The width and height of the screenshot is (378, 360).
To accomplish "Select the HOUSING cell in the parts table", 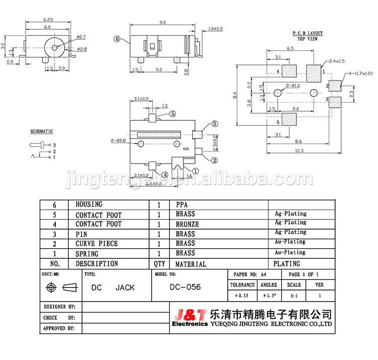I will tap(89, 204).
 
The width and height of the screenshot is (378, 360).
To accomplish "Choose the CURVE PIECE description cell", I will tap(97, 244).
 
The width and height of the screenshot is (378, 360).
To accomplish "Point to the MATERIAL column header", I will tap(191, 264).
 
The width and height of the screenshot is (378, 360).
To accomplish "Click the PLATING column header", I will tap(286, 263).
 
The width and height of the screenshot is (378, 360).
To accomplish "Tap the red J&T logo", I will tap(188, 315).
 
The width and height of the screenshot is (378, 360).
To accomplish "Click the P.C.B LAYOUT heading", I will tap(307, 33).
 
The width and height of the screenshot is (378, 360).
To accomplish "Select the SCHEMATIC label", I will tap(42, 131).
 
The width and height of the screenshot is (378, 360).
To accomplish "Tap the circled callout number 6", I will tap(117, 38).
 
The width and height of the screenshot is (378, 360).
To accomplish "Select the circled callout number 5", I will tap(172, 114).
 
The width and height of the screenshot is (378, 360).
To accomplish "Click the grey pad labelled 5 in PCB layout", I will tap(289, 119).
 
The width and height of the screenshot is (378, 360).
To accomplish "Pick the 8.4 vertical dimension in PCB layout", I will tap(235, 94).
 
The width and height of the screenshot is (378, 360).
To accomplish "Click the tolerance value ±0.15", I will tap(242, 296).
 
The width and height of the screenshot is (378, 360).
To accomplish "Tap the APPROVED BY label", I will tap(59, 328).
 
